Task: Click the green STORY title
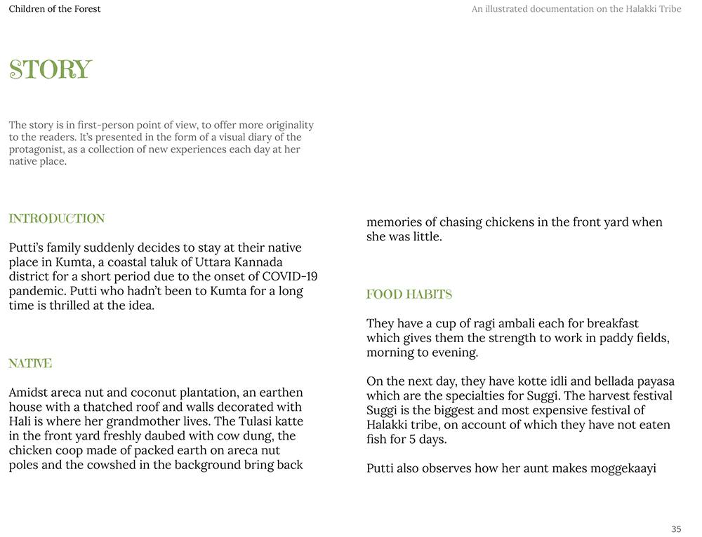tap(50, 70)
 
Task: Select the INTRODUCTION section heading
tap(57, 219)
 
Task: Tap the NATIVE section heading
tap(30, 364)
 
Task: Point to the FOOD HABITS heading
tap(409, 294)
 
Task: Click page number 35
tap(676, 529)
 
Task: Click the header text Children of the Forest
tap(55, 9)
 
